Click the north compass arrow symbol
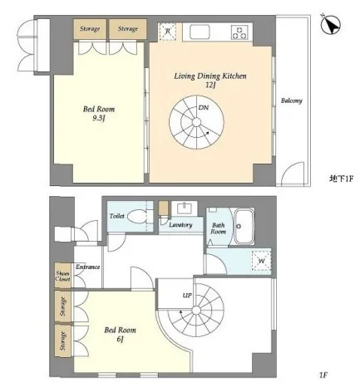330,24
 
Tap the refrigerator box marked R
168,32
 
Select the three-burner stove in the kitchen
239,32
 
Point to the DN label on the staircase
204,107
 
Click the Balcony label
292,100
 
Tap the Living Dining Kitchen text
210,76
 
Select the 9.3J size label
99,118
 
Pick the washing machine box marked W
261,261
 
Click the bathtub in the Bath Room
244,227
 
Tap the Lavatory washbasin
184,208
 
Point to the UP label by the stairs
187,295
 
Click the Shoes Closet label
62,276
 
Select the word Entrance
87,267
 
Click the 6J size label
120,339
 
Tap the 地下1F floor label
341,179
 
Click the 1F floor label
323,375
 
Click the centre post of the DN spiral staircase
196,122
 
